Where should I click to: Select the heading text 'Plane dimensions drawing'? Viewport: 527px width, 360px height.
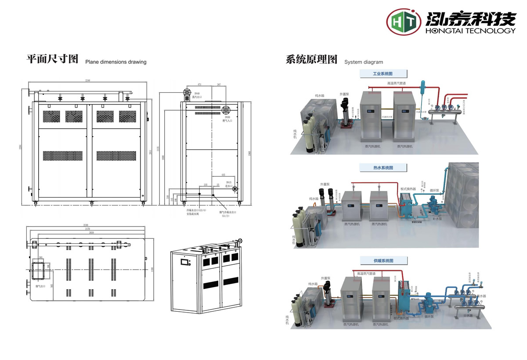[116, 62]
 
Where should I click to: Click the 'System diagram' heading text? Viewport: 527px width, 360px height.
[364, 62]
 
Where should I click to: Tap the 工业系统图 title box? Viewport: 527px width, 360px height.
[383, 74]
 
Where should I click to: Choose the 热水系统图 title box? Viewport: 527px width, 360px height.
[383, 168]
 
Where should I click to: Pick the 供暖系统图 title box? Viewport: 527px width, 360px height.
[383, 261]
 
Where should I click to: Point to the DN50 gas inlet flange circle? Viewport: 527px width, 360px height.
[227, 110]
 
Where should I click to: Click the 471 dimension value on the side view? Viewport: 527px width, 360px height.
[199, 84]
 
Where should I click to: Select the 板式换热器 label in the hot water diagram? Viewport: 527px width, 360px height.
[407, 189]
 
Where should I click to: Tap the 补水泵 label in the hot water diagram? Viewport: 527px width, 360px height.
[437, 218]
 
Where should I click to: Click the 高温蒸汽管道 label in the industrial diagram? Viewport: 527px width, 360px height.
[396, 83]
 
